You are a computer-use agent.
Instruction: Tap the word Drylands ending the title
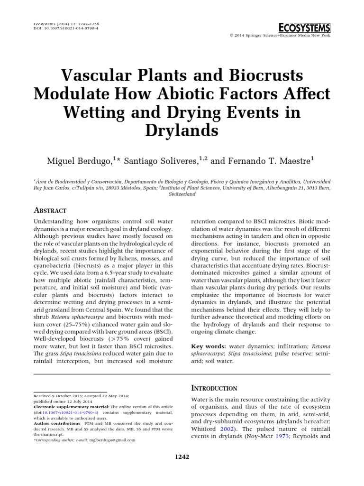[x=182, y=130]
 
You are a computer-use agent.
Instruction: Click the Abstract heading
[x=50, y=210]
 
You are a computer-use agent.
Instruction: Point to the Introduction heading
[x=214, y=388]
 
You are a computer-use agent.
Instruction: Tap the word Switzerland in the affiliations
[x=182, y=194]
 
